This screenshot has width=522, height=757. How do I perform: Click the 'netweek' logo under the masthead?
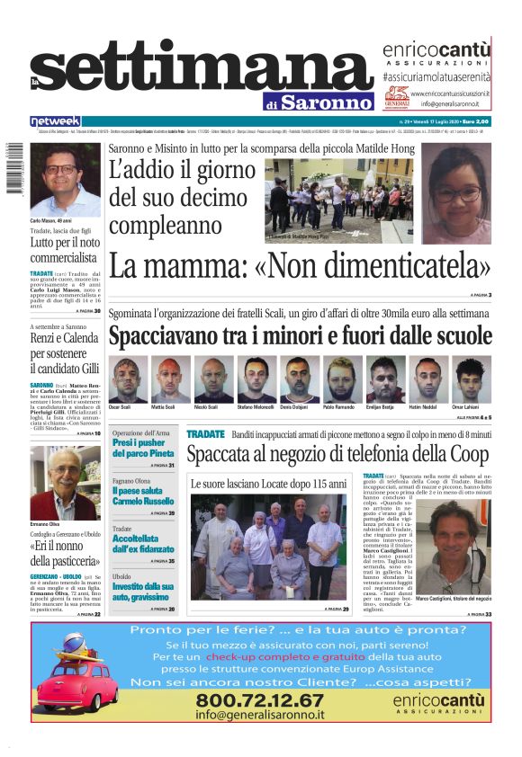point(56,121)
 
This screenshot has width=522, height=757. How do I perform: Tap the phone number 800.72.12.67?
point(261,699)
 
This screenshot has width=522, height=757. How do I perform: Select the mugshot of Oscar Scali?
point(128,379)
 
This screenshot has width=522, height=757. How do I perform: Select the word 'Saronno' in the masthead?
point(325,102)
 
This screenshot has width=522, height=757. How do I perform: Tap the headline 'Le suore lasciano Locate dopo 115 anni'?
point(268,484)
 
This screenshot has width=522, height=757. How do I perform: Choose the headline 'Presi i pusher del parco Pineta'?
point(143,449)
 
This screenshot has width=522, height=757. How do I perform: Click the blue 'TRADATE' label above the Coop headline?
point(205,434)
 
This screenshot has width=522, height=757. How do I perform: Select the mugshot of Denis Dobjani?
point(300,379)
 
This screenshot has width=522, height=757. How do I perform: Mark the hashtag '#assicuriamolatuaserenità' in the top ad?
point(436,78)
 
